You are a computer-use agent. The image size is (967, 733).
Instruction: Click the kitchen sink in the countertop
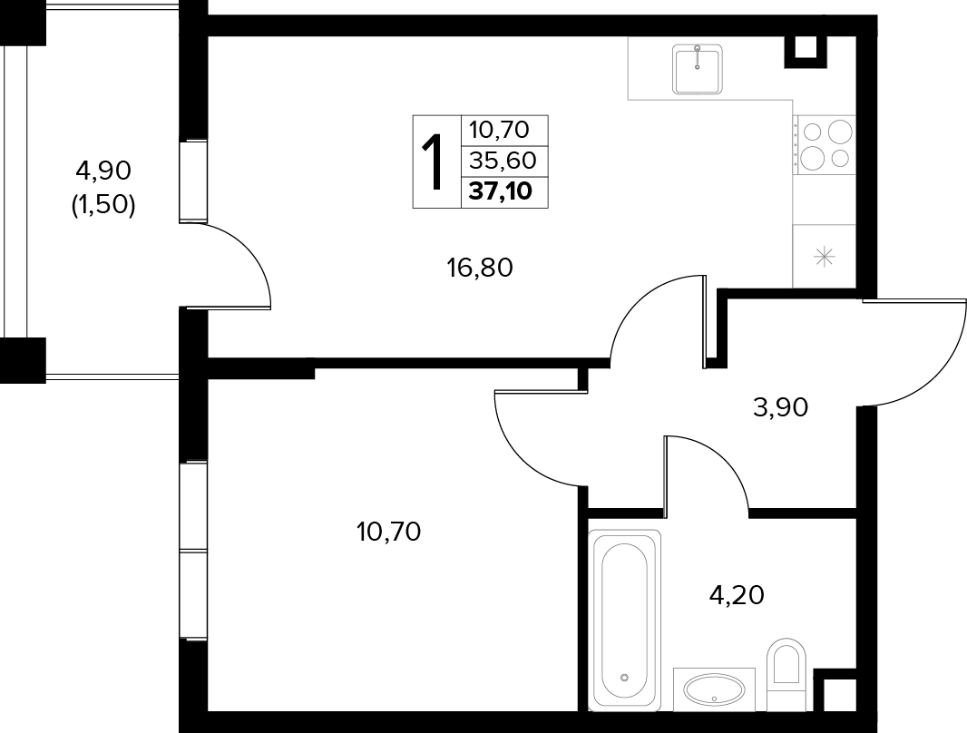point(697,69)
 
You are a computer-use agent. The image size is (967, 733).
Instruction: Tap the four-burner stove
point(824,145)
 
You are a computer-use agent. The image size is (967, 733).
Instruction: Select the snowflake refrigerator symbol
point(824,257)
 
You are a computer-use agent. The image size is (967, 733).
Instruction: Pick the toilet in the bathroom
point(786,673)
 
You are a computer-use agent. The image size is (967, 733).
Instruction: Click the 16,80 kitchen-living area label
point(480,269)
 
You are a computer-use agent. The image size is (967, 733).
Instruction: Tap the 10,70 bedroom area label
point(388,532)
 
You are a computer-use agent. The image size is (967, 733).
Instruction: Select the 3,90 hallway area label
point(780,407)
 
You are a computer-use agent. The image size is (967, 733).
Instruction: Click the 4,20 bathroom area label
point(737,595)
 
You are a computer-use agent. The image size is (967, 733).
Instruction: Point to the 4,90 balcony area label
point(103,171)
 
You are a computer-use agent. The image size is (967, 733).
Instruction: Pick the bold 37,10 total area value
point(500,191)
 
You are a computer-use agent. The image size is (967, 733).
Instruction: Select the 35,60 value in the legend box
point(503,161)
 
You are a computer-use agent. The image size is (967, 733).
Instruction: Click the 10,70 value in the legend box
point(499,130)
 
